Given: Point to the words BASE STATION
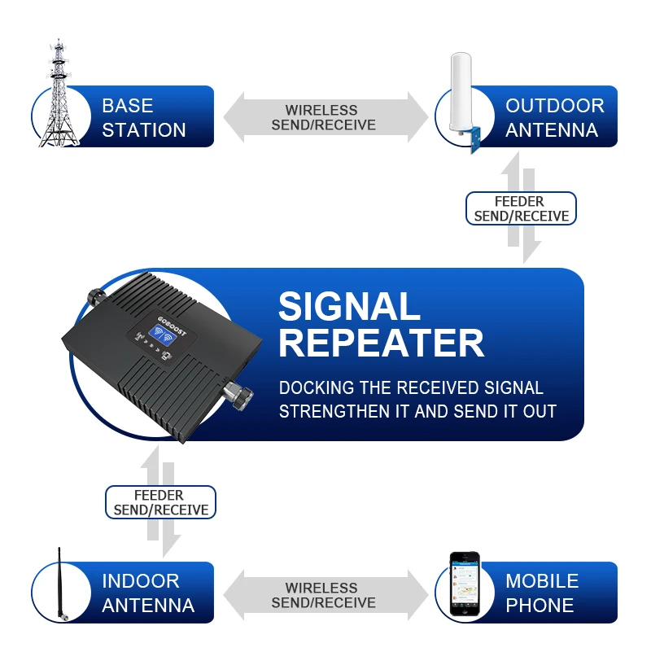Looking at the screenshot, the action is pyautogui.click(x=144, y=118).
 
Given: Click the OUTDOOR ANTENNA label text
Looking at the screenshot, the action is pyautogui.click(x=554, y=118).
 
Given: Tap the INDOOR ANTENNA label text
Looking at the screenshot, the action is pyautogui.click(x=147, y=593).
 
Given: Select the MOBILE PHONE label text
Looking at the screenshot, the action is pyautogui.click(x=541, y=593).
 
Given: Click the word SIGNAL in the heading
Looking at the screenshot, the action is pyautogui.click(x=349, y=308).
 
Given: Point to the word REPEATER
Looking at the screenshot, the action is pyautogui.click(x=381, y=344).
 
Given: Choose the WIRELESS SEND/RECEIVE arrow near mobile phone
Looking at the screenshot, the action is pyautogui.click(x=325, y=595).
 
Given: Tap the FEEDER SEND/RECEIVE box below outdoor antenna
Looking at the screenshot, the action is pyautogui.click(x=521, y=209).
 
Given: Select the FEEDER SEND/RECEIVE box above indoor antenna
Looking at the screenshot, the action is pyautogui.click(x=159, y=502).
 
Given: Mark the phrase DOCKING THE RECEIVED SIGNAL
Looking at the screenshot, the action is pyautogui.click(x=411, y=388).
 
